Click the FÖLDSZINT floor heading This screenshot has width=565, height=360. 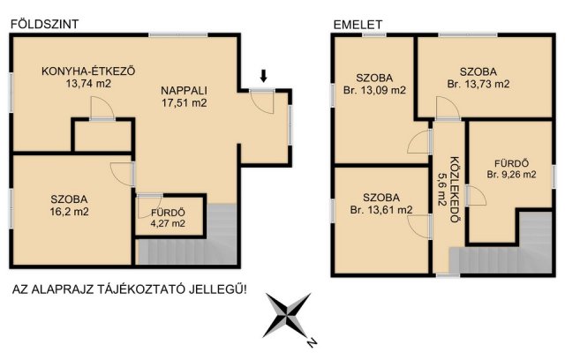pos(45,24)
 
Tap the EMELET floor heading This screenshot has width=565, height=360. pos(358,25)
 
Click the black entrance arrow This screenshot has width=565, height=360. pos(263,76)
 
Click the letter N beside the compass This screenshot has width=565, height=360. pos(312,342)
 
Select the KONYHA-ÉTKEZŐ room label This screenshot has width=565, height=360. pos(88,71)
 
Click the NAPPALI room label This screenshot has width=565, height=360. pos(184,90)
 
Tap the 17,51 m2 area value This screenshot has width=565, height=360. pos(184,103)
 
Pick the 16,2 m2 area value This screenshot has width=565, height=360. pos(69,212)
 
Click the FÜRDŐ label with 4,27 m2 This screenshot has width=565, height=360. pos(168,213)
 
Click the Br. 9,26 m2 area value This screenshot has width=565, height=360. pos(511,175)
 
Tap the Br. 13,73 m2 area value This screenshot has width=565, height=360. pos(478,84)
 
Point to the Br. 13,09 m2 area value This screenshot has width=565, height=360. pos(374,90)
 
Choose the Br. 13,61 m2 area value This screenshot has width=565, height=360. pos(381,210)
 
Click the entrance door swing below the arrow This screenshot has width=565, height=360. pos(263,102)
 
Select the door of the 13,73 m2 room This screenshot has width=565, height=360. pos(448,108)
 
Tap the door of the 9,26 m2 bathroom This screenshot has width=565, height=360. pos(476,196)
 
